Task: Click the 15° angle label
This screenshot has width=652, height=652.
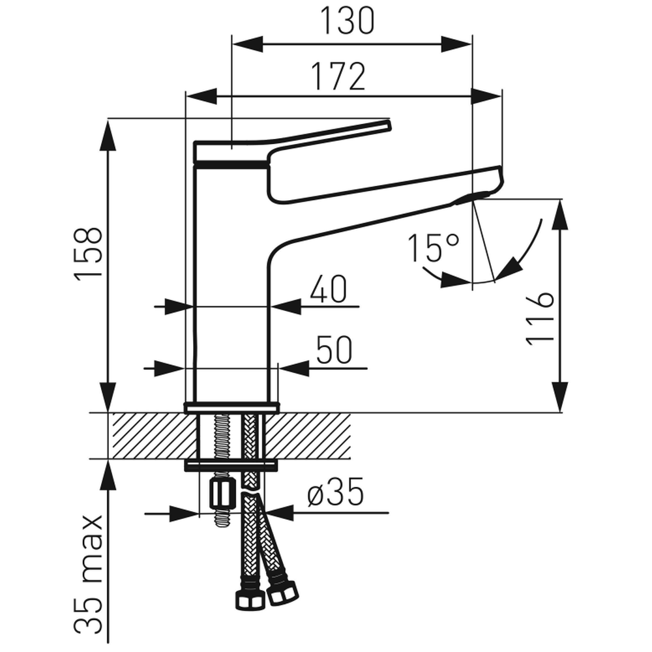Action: (x=434, y=248)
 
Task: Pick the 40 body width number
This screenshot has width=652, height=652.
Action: (x=328, y=289)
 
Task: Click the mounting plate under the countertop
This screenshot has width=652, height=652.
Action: (x=231, y=465)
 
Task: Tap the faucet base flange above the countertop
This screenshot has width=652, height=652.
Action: (x=231, y=407)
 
